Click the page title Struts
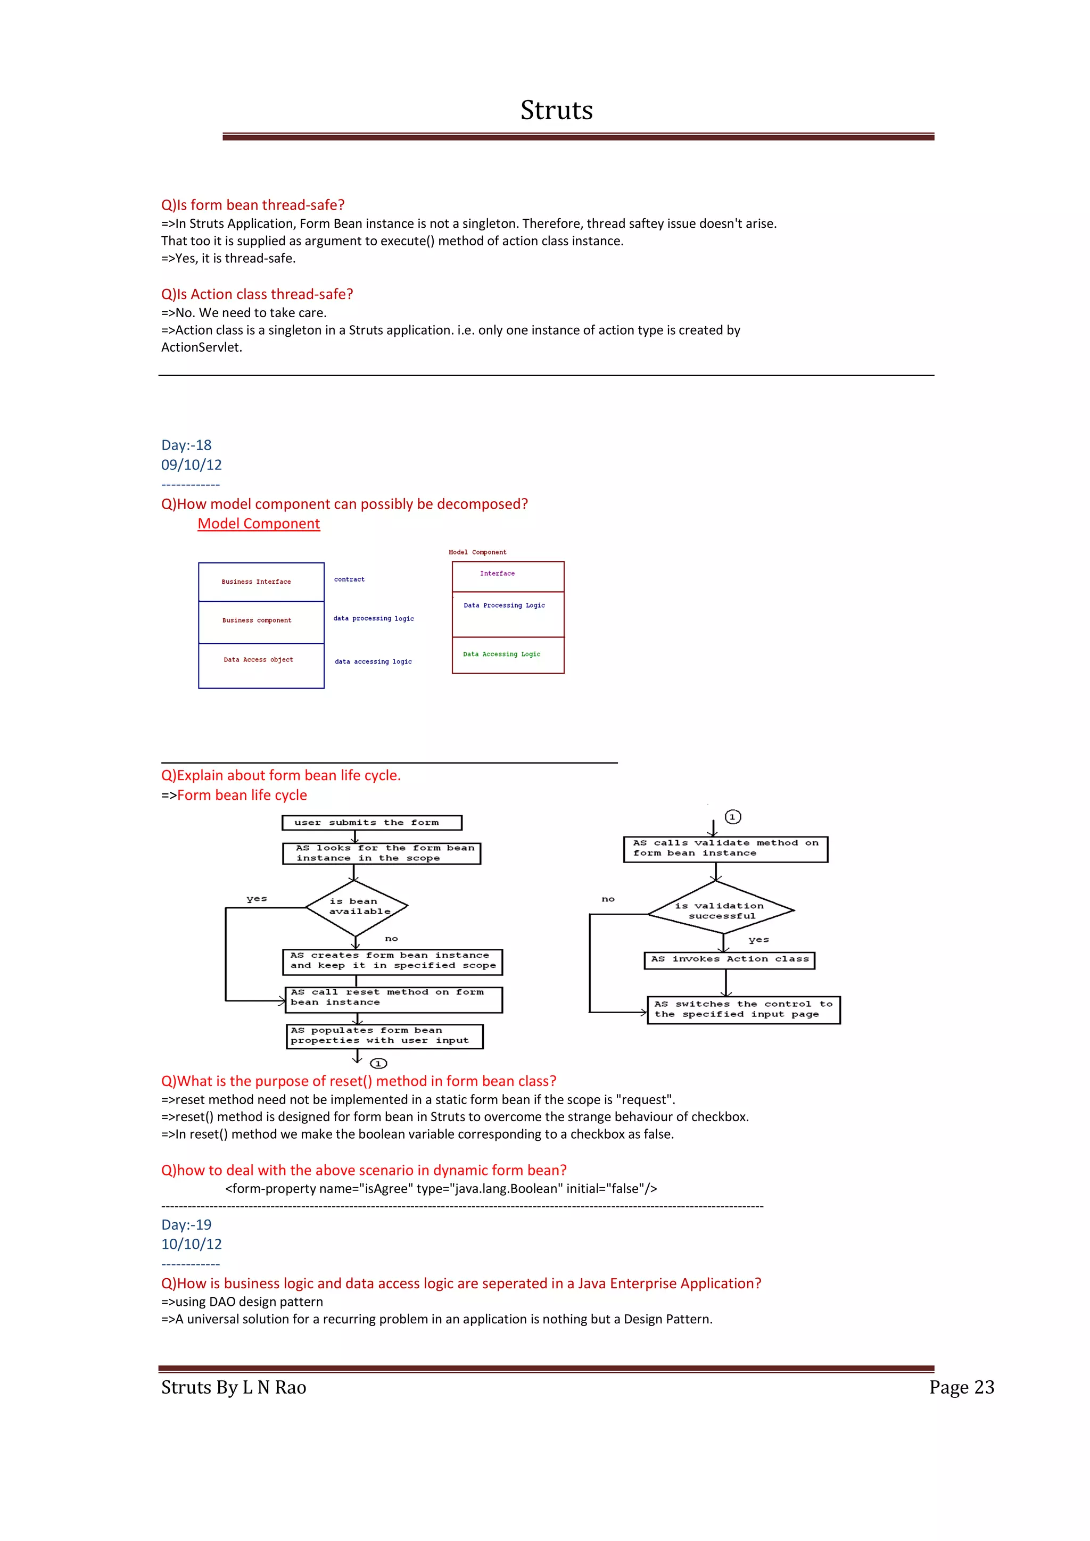[556, 110]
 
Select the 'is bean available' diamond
[357, 907]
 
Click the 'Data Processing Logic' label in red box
[504, 606]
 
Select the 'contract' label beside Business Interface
[349, 579]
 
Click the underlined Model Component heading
[259, 524]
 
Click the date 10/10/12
[191, 1244]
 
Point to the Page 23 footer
[961, 1387]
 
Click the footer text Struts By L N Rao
[234, 1387]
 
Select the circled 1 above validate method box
[732, 817]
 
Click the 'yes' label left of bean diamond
[257, 899]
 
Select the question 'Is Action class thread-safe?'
[257, 294]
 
